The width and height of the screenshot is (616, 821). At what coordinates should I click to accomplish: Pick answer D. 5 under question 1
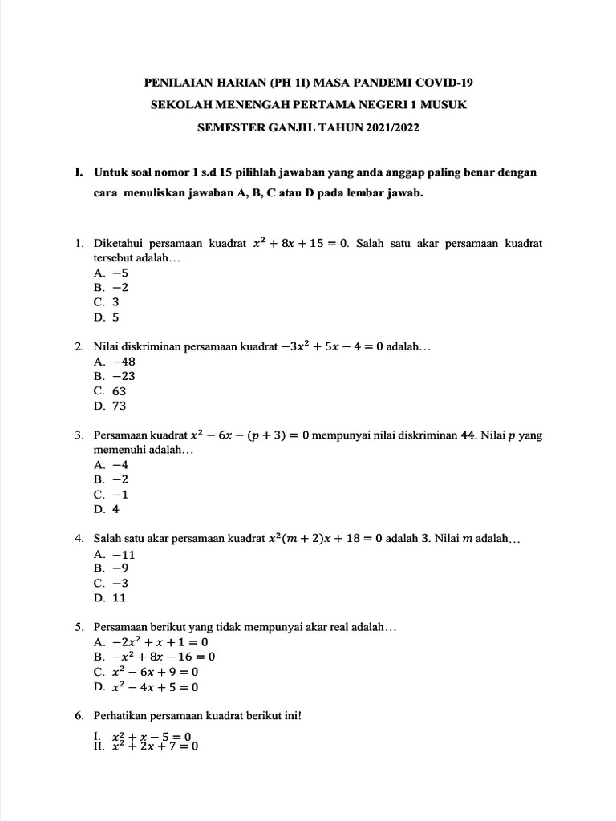[107, 317]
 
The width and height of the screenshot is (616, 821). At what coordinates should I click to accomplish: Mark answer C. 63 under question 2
[110, 391]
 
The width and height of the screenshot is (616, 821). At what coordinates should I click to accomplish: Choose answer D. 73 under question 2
[110, 406]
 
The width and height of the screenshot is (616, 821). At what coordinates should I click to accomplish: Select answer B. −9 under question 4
[110, 568]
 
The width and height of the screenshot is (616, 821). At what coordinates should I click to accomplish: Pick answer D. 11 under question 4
[110, 597]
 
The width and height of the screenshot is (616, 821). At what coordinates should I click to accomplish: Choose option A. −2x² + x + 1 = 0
[151, 642]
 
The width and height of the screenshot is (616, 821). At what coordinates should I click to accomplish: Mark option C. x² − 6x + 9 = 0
[146, 672]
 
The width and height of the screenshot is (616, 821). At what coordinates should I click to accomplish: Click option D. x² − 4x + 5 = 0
[146, 687]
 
